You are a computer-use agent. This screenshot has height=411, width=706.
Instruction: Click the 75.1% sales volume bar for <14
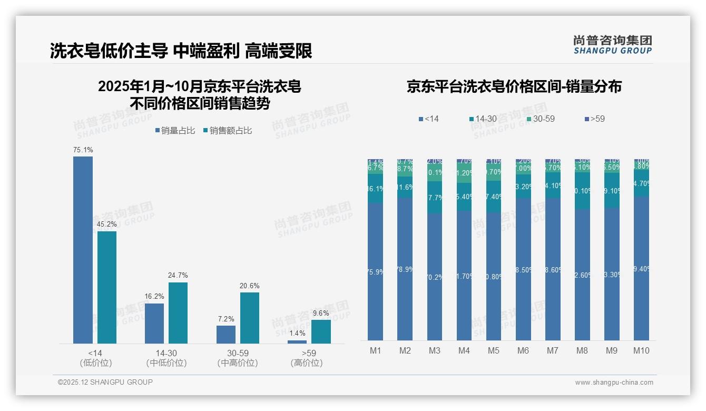click(x=83, y=250)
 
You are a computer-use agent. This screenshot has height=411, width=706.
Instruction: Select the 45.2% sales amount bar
click(x=107, y=287)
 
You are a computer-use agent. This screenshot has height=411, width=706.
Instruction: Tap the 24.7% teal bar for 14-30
click(x=178, y=313)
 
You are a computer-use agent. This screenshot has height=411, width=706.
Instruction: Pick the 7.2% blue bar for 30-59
click(x=226, y=335)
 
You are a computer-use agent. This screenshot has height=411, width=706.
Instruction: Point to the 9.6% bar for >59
click(x=321, y=331)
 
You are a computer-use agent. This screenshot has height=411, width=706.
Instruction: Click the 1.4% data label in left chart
click(x=297, y=334)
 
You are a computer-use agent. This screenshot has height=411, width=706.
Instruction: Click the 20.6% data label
click(x=250, y=286)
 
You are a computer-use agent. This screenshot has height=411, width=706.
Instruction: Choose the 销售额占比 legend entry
click(x=227, y=131)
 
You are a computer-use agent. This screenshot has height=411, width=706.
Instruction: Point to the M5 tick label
click(x=494, y=350)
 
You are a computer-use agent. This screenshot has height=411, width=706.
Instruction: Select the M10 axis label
click(x=641, y=350)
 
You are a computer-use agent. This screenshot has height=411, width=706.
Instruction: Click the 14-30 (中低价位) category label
click(x=166, y=358)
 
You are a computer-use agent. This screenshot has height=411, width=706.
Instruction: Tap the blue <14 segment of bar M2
click(x=405, y=269)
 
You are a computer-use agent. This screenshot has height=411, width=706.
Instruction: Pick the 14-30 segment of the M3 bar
click(x=435, y=198)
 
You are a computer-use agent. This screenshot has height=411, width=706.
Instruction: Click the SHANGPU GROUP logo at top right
click(x=612, y=45)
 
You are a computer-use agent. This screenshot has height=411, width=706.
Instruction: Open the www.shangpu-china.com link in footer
click(x=614, y=383)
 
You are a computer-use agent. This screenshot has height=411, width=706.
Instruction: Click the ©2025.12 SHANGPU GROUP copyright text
click(x=105, y=382)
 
